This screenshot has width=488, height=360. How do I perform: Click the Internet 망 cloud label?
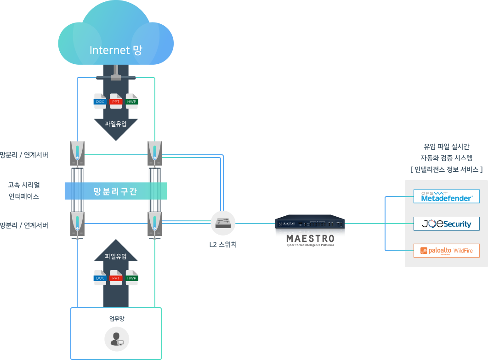[116, 50]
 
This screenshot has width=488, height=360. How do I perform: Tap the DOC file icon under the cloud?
[100, 101]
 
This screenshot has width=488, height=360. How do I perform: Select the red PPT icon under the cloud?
[116, 101]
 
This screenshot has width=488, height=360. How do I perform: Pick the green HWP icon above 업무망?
[132, 278]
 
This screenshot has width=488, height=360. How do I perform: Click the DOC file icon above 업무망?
[100, 278]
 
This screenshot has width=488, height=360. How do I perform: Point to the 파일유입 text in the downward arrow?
[116, 124]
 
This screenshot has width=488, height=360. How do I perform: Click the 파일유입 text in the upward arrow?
[116, 256]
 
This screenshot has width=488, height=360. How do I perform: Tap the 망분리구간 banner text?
[115, 191]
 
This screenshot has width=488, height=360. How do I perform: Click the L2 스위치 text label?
[223, 244]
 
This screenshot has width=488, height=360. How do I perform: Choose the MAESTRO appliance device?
[310, 223]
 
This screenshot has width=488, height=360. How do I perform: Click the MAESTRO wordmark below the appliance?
[310, 239]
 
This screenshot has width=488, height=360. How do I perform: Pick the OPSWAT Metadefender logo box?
[446, 197]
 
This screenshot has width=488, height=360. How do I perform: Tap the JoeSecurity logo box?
[446, 224]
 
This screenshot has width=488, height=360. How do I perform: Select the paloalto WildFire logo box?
[446, 251]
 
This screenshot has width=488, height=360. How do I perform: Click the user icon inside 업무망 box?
[117, 339]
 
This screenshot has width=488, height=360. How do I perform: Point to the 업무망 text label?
[117, 319]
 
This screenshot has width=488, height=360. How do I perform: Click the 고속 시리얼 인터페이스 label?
[24, 191]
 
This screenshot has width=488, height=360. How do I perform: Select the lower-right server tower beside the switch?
[154, 225]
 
